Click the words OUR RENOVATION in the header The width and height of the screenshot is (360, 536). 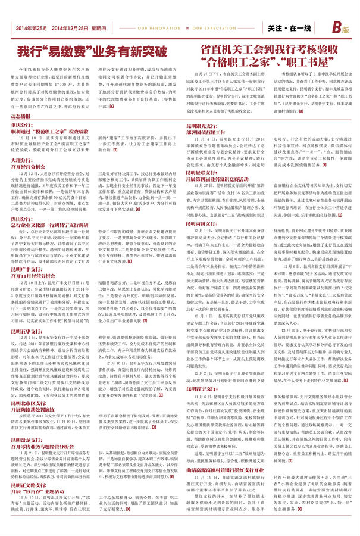coord(154,28)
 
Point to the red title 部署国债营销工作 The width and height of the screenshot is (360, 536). coord(208,133)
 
